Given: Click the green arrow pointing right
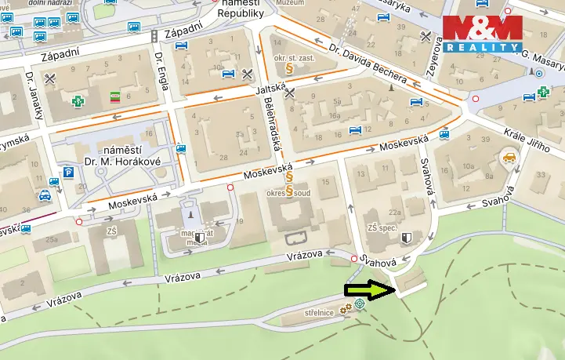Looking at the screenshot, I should [369, 290].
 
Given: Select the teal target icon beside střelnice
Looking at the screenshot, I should [359, 303].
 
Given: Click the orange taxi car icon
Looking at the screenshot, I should [509, 160].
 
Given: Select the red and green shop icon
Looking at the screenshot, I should [114, 97].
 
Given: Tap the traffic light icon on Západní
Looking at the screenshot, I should [155, 36].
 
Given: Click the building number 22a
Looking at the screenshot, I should [395, 212].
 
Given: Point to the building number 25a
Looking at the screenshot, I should [53, 239].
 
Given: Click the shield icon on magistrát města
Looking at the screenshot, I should [201, 236].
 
